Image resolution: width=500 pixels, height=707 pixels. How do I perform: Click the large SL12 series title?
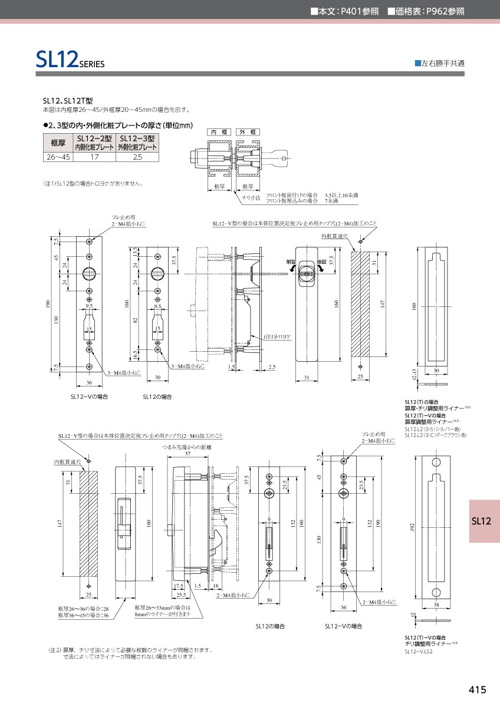coord(70,60)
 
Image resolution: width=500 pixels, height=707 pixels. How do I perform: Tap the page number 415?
coord(478,690)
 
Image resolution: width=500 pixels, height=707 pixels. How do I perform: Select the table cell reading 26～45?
coord(57,157)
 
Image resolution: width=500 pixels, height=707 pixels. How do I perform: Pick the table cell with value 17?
coord(94,157)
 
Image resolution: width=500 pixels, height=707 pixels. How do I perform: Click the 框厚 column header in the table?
coord(57,143)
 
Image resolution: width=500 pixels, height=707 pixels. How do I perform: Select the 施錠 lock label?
coord(322,262)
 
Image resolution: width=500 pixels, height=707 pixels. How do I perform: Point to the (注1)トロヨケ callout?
coord(277,336)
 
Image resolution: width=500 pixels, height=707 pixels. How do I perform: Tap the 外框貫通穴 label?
coord(333,236)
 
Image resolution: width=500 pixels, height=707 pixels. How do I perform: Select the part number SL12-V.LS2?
coord(419,652)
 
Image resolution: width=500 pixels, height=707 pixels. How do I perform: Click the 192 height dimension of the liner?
coord(411,528)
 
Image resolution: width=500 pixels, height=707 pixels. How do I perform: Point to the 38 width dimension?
coord(436,604)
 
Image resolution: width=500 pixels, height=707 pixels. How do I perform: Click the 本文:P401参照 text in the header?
coord(344,11)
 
